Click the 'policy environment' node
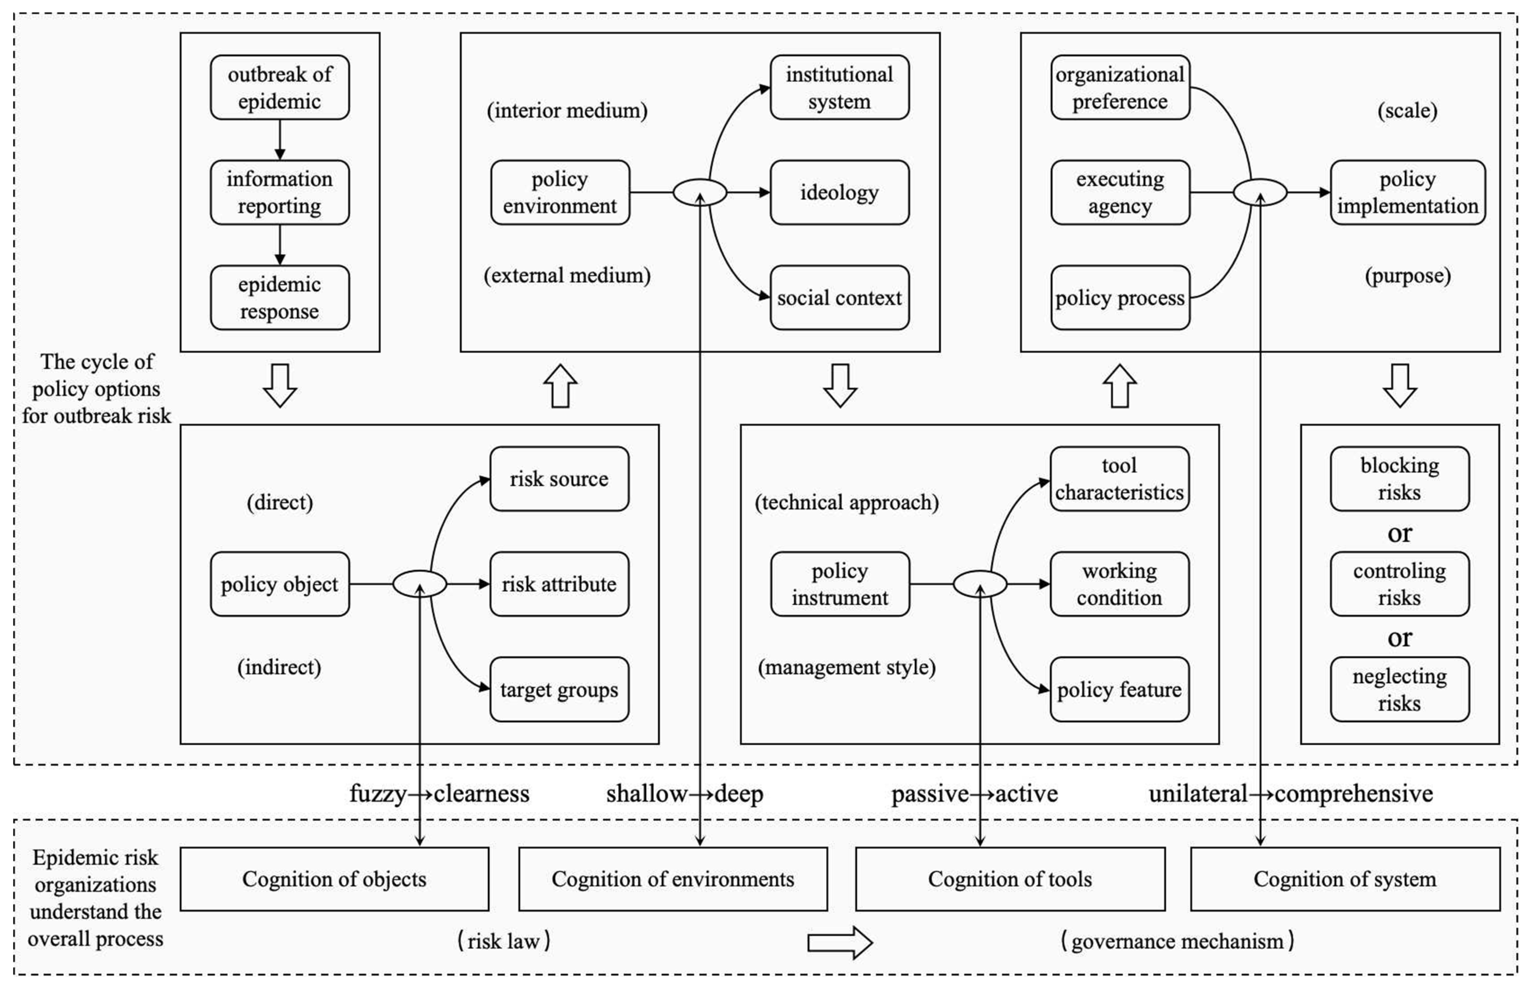coord(560,192)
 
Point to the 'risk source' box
coord(559,479)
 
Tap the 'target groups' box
coord(559,689)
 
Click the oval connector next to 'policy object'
coord(419,584)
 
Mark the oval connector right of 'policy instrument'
coord(979,584)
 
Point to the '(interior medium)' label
coord(567,110)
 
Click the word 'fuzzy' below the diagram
coord(377,794)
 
